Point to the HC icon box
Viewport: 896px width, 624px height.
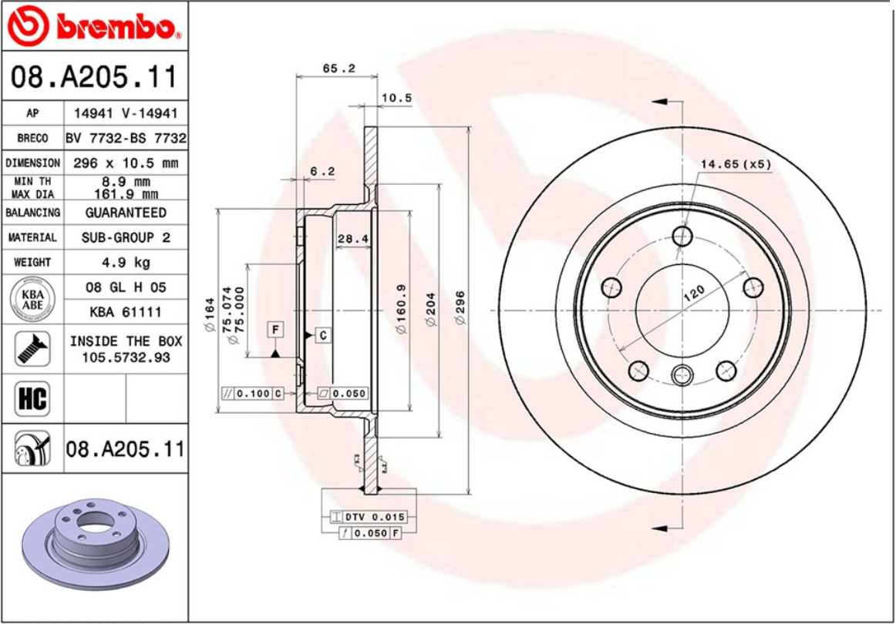(32, 398)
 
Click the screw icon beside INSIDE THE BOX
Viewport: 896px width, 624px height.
(32, 349)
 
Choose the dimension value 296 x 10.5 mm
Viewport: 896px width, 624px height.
(126, 163)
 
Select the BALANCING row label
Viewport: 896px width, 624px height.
(32, 213)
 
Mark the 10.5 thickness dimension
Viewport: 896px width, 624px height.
(397, 98)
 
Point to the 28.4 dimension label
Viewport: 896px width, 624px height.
(352, 239)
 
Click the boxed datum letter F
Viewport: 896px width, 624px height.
(275, 330)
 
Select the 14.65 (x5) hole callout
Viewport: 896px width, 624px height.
(736, 164)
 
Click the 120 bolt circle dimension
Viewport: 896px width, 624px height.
(694, 294)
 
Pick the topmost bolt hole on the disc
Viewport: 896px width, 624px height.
(682, 235)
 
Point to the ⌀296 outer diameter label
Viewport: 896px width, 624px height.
(460, 307)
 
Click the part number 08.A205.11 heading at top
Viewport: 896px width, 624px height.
(93, 77)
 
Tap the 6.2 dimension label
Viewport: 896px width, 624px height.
(322, 171)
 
